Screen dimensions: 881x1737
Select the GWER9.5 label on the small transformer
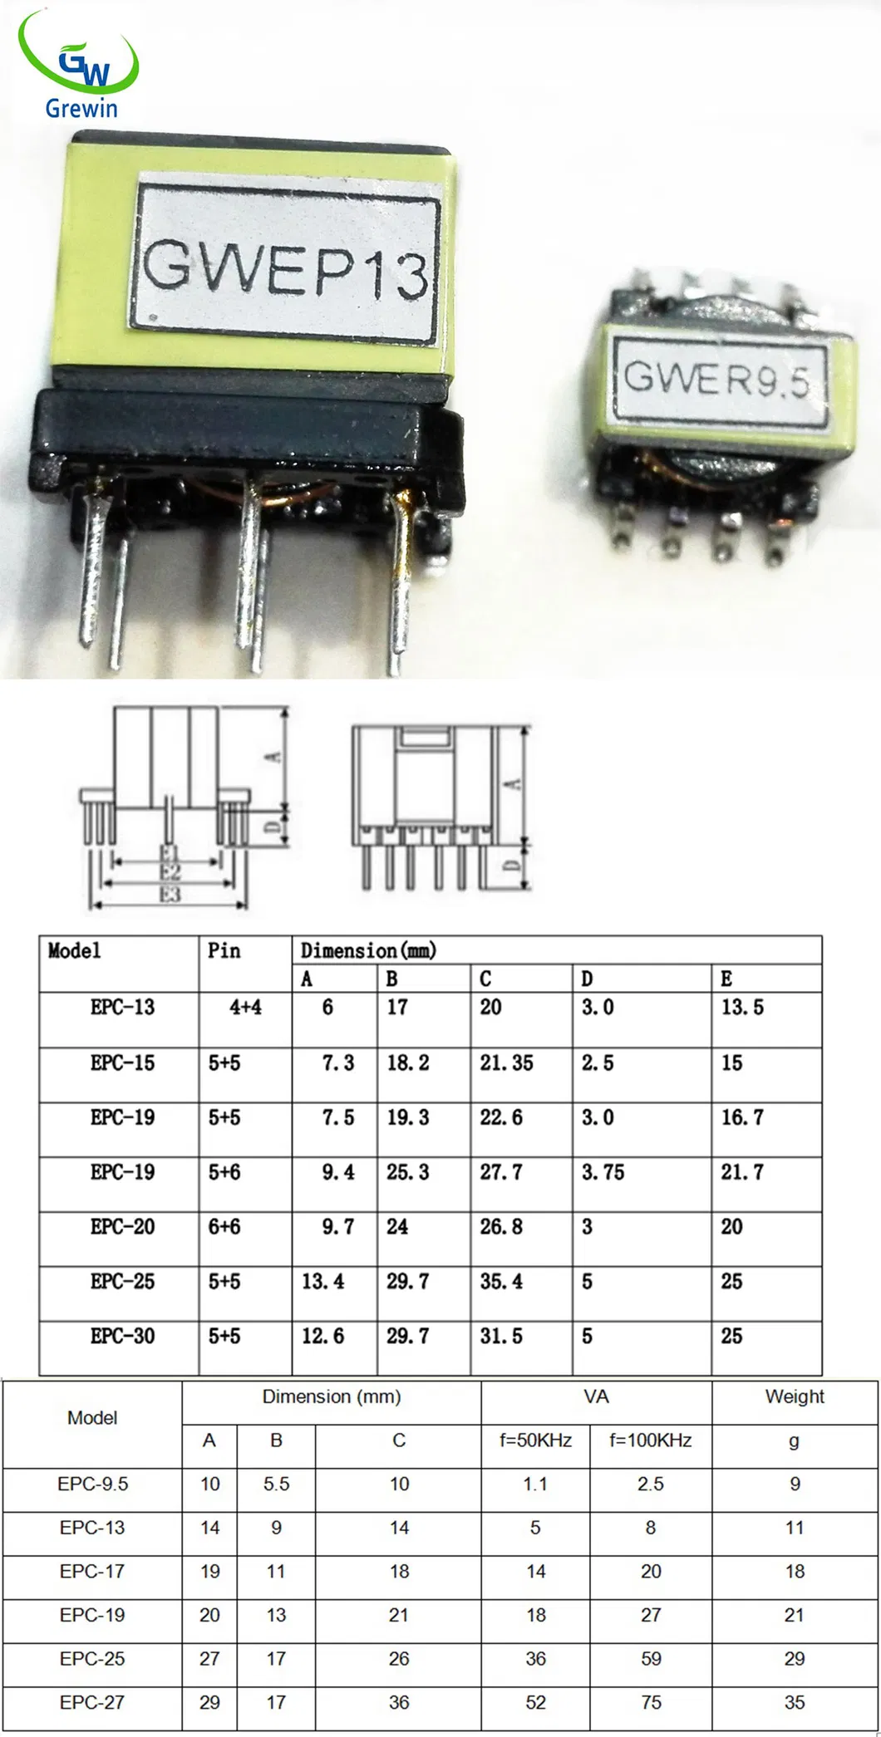[x=716, y=379]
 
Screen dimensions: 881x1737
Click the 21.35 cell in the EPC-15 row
[x=506, y=1062]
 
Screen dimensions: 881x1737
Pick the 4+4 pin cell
[x=245, y=1007]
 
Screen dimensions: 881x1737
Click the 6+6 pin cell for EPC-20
[x=224, y=1226]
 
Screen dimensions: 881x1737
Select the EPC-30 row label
[x=122, y=1336]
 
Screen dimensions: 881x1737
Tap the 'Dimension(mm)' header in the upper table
[x=368, y=950]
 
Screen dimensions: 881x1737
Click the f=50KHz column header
[x=535, y=1440]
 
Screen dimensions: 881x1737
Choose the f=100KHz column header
[x=650, y=1440]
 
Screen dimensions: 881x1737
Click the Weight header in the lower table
[x=795, y=1396]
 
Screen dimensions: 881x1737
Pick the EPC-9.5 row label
[x=92, y=1484]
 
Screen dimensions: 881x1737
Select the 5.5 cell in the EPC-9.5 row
[x=276, y=1484]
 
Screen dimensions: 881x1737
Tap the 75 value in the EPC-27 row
[x=651, y=1702]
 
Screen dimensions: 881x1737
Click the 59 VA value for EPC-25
[x=651, y=1658]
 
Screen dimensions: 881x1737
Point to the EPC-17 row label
[x=92, y=1571]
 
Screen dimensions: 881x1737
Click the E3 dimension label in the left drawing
[x=170, y=894]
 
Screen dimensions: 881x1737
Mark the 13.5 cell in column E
[x=742, y=1007]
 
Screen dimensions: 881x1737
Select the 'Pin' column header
[x=224, y=950]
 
